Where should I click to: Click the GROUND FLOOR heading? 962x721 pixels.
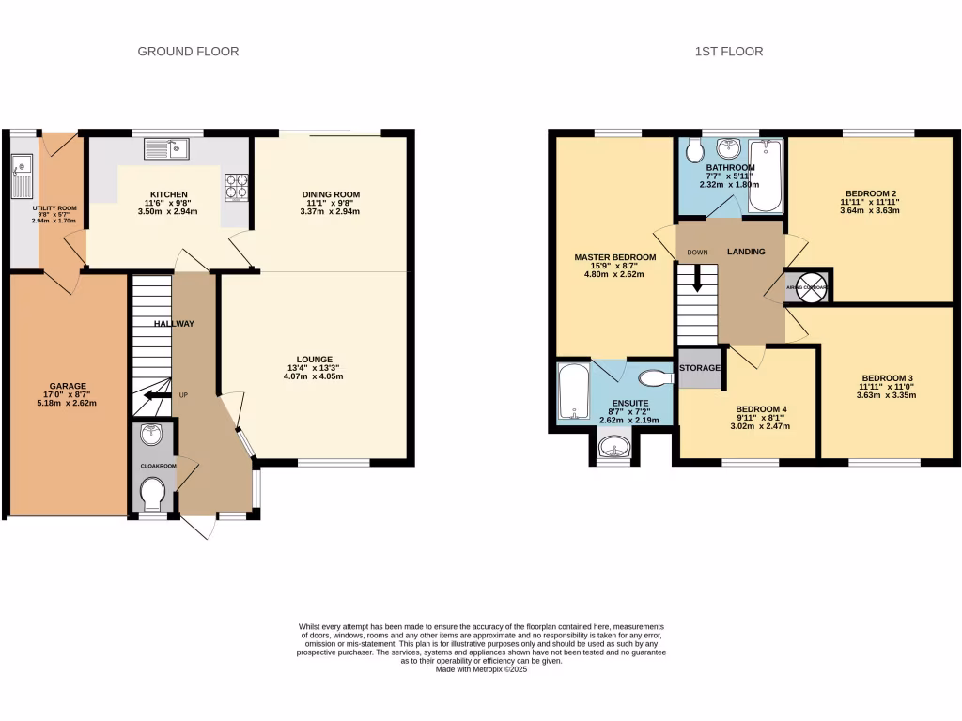click(x=188, y=52)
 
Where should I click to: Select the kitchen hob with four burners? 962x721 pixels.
click(x=236, y=186)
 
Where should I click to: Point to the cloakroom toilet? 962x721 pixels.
click(x=151, y=491)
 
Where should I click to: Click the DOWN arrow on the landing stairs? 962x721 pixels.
click(x=696, y=278)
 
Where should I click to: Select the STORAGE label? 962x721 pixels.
click(x=699, y=368)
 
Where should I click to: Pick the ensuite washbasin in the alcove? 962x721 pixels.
click(x=613, y=448)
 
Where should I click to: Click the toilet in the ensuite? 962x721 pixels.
click(x=654, y=378)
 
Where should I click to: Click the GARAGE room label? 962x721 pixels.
click(x=68, y=386)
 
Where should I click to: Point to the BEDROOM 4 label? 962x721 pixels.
click(x=762, y=409)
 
